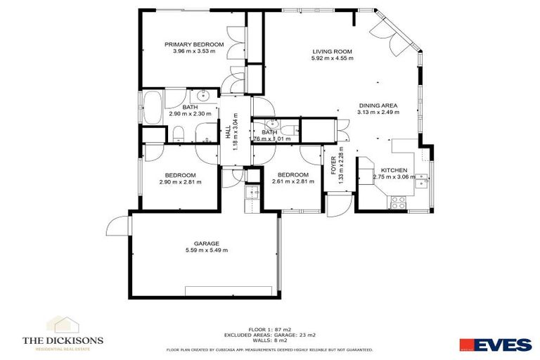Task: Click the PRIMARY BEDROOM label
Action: coord(194,44)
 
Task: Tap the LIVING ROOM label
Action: coord(332,52)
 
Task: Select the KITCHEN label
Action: coord(394,170)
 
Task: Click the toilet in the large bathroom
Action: coord(179,132)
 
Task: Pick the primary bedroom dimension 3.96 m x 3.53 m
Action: coord(194,51)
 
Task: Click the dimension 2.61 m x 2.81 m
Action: coord(292,182)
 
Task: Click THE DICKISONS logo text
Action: coord(63,341)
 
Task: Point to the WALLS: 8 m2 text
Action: coord(269,340)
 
